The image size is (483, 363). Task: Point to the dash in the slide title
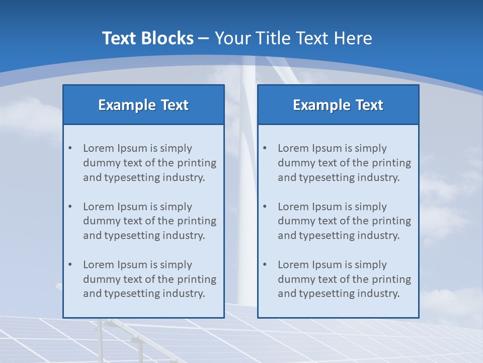(204, 38)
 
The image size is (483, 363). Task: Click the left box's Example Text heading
(143, 105)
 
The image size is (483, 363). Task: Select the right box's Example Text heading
(338, 105)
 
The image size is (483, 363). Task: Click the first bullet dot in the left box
(70, 148)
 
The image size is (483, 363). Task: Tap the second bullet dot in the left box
(70, 207)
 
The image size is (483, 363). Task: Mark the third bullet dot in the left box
(70, 265)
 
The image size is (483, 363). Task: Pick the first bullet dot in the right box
(265, 148)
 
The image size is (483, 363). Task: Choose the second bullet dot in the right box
(265, 207)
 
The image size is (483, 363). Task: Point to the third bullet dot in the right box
(265, 265)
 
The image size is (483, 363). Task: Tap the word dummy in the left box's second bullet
(100, 221)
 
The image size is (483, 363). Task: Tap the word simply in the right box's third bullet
(371, 265)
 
